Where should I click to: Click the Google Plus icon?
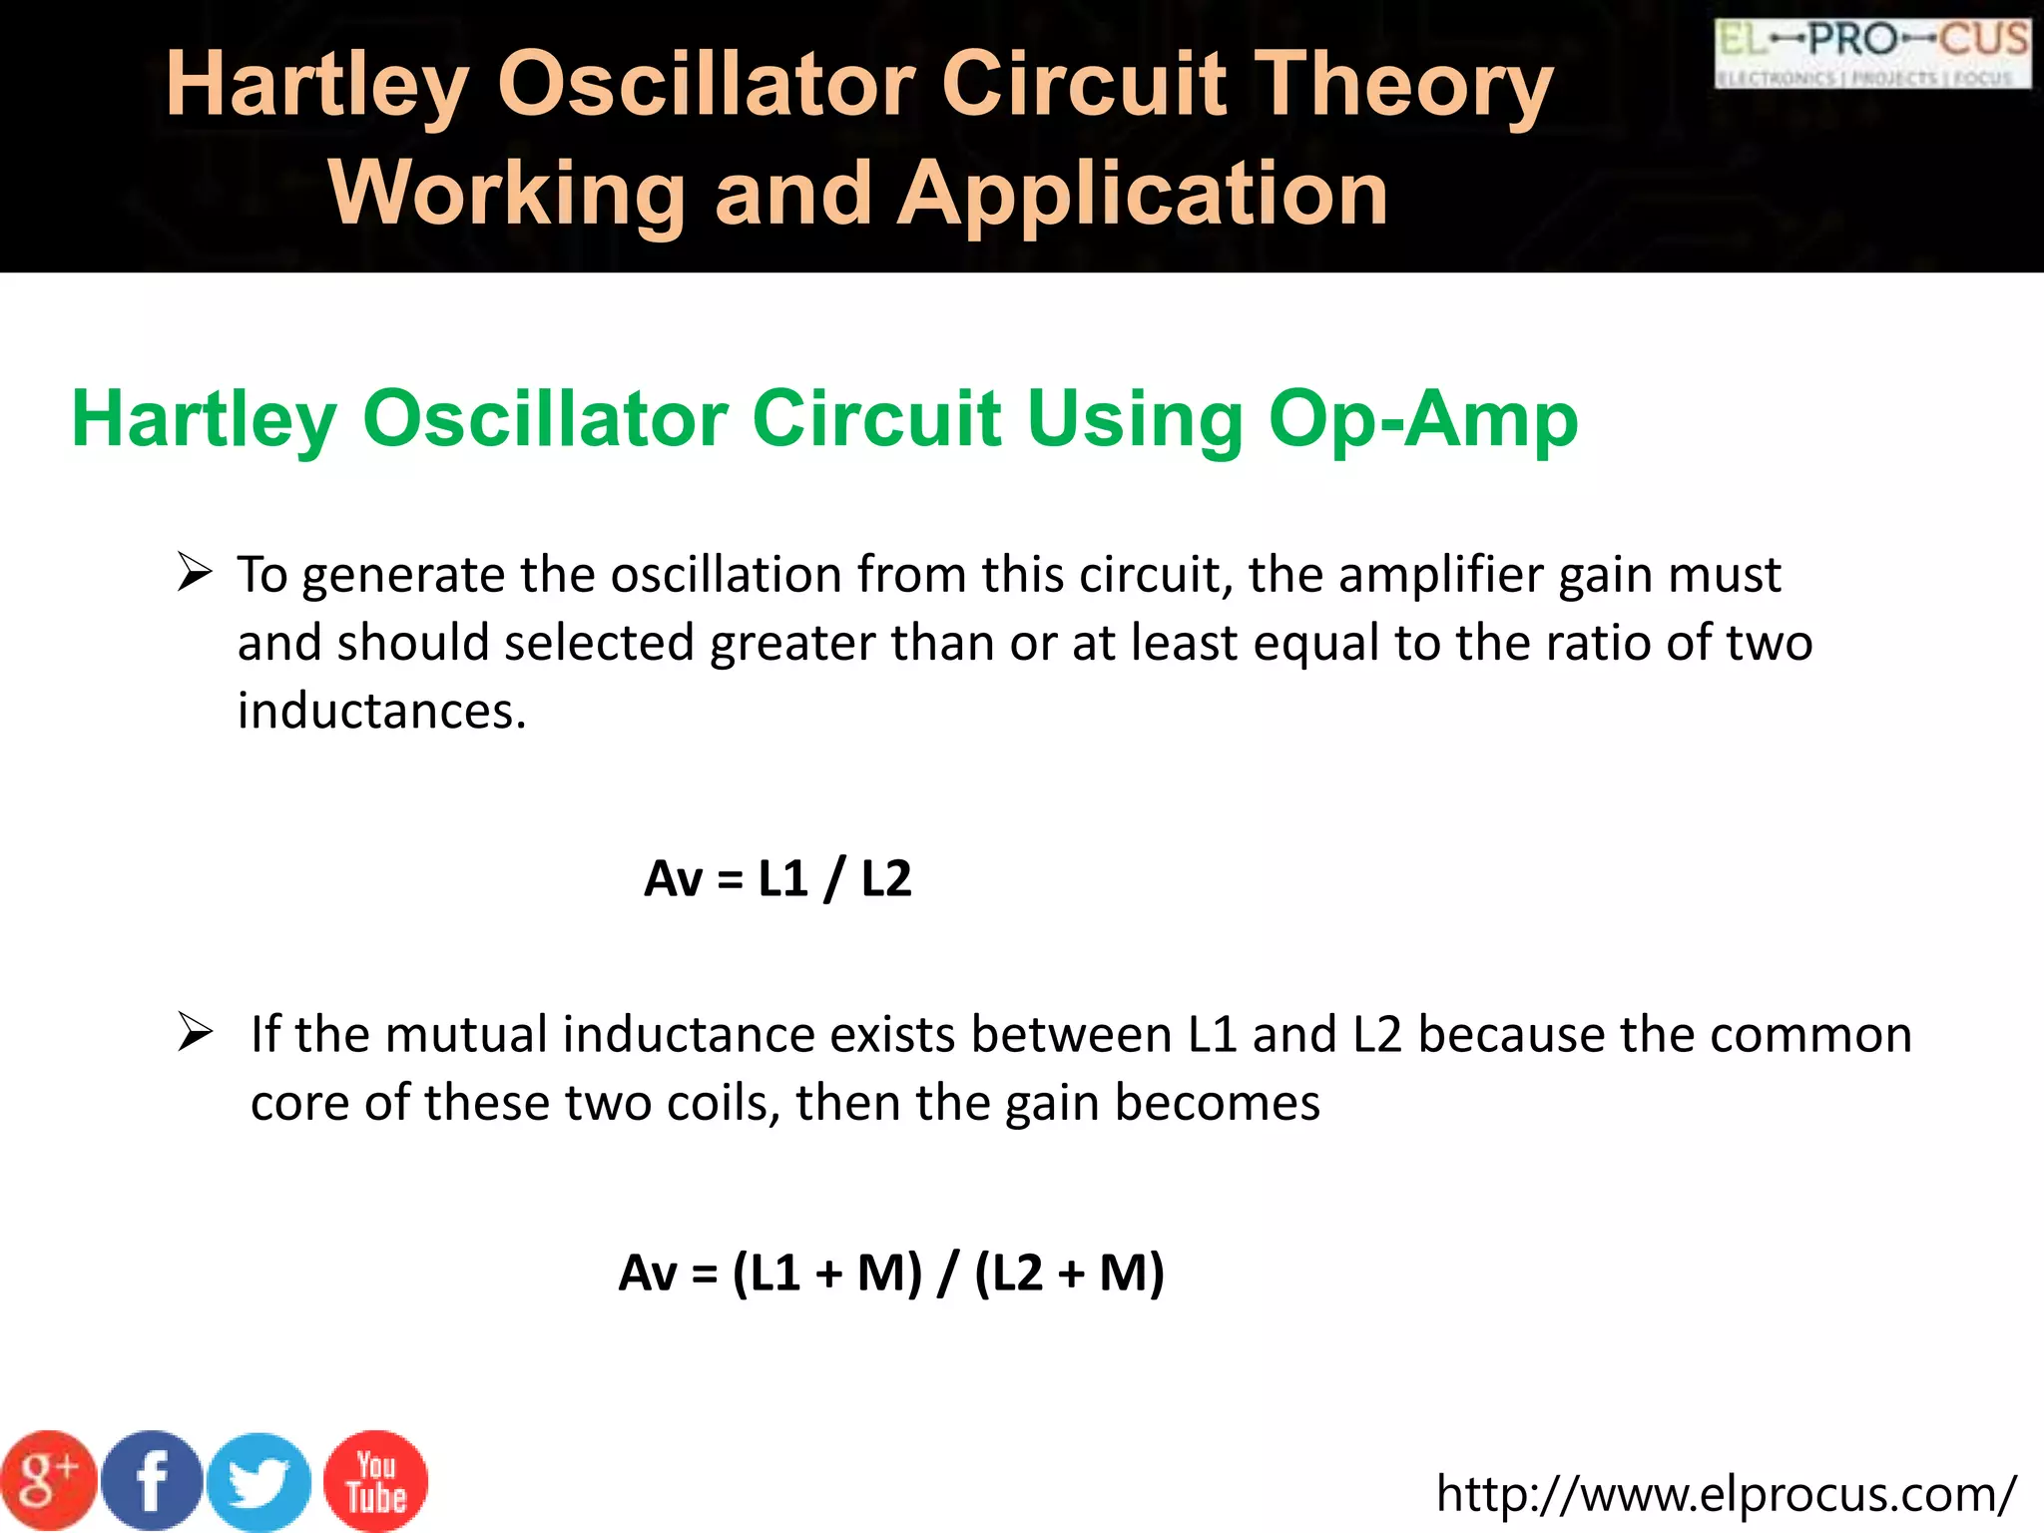48,1482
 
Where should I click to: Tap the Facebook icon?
153,1482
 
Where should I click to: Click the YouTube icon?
376,1482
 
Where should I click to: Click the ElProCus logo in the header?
1872,54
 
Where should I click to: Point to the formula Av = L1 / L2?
777,879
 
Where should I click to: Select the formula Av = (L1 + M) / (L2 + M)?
891,1274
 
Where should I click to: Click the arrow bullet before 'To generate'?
195,573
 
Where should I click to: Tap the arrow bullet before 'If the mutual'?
195,1032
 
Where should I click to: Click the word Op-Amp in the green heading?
1423,419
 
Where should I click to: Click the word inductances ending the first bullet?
381,712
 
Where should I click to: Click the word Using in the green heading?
1134,419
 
